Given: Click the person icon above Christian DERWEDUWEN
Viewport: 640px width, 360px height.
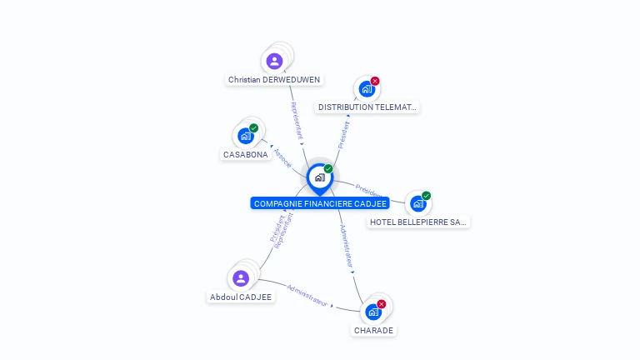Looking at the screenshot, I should (x=274, y=61).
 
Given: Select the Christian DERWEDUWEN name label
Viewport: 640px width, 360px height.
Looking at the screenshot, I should (x=274, y=80).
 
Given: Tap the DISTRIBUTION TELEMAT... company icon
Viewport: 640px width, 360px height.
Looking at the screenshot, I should (x=366, y=89).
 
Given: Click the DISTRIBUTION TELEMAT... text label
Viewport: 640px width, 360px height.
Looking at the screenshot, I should (x=367, y=107).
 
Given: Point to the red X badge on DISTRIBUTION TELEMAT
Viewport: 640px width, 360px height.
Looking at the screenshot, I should (x=375, y=81).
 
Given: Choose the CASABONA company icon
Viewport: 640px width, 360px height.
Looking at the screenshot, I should (x=245, y=136).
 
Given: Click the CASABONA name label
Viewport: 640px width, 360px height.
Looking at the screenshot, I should (x=246, y=155).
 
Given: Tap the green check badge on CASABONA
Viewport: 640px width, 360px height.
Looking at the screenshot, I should (x=254, y=128).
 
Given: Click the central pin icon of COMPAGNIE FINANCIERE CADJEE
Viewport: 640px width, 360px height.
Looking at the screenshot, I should (x=319, y=177).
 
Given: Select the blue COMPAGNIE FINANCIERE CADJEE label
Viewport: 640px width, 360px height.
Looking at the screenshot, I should (x=320, y=203).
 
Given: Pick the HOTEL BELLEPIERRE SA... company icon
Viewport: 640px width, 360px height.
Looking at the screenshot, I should (x=417, y=203).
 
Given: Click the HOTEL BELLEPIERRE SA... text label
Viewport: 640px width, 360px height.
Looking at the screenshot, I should (x=418, y=222).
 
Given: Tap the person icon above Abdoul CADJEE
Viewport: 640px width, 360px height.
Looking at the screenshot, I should (x=241, y=278).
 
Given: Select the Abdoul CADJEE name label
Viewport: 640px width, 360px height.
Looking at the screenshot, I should (x=241, y=297).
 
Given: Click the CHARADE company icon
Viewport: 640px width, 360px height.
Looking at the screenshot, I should (x=373, y=312).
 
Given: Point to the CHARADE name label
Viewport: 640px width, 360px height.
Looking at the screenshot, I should (x=373, y=331).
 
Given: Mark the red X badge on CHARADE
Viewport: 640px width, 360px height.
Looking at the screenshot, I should (x=382, y=304).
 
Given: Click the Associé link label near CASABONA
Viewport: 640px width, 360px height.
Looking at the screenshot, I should (x=282, y=157).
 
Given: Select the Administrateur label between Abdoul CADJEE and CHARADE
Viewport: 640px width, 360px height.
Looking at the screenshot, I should (x=307, y=295).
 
